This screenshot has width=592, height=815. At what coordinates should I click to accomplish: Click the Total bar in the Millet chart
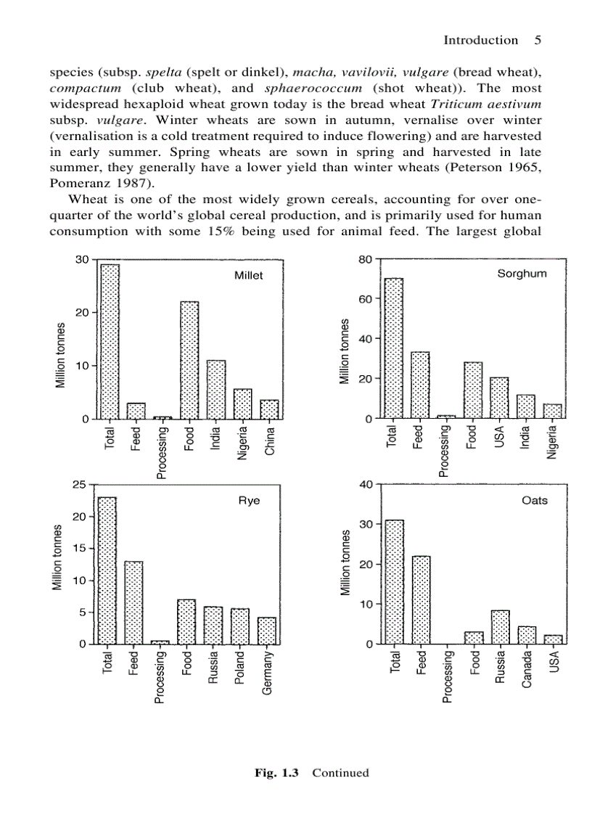click(x=110, y=342)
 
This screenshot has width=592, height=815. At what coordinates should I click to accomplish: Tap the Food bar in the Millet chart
click(x=189, y=360)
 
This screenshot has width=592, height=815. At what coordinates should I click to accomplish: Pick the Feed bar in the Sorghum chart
click(x=420, y=385)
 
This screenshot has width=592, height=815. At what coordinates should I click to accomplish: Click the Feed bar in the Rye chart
click(x=133, y=602)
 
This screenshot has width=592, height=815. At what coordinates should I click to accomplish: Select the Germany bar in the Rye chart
click(x=267, y=631)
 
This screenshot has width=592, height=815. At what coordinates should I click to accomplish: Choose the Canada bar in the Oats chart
click(x=527, y=635)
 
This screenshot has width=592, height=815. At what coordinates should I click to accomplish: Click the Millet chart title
click(x=248, y=276)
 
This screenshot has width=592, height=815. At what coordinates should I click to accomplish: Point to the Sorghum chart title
click(x=522, y=274)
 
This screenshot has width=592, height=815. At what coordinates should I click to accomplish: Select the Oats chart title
click(x=535, y=501)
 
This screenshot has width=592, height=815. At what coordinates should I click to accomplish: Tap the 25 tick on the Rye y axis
click(x=78, y=484)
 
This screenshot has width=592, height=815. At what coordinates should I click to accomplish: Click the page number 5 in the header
click(x=538, y=40)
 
